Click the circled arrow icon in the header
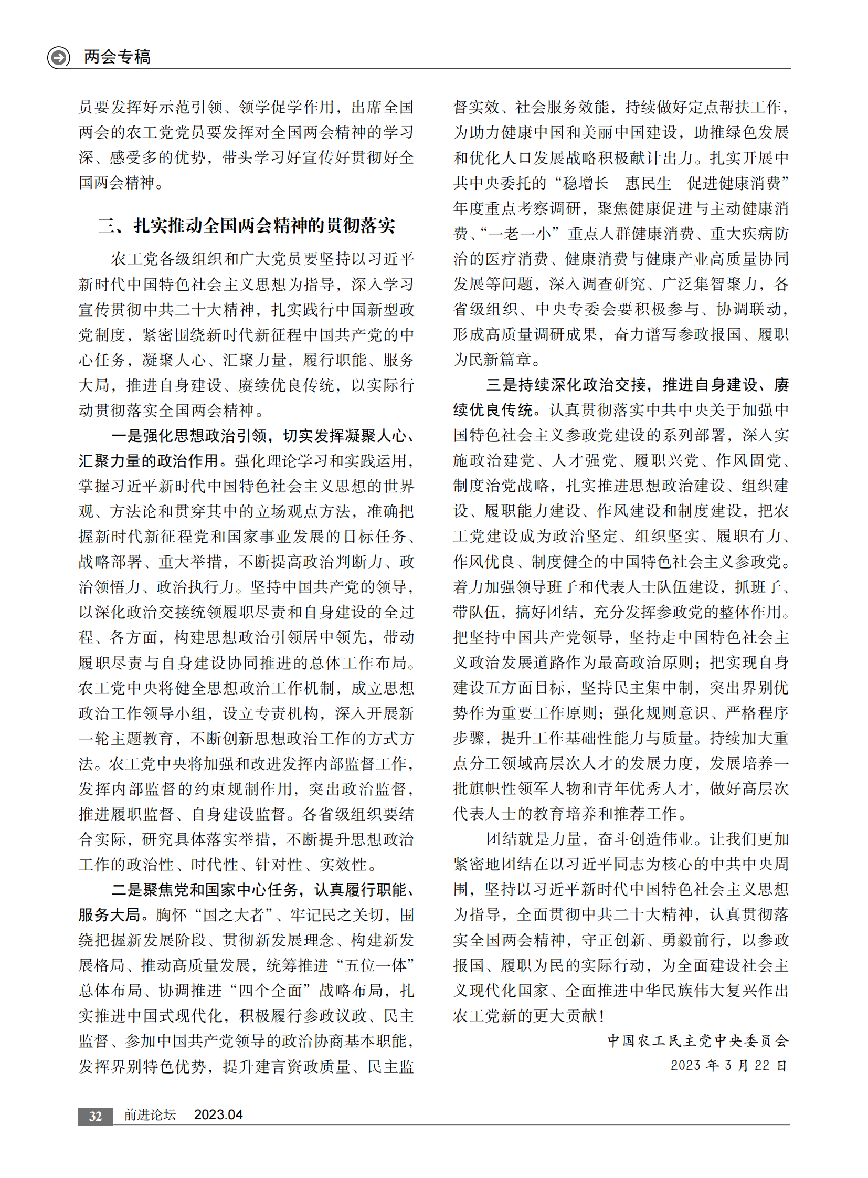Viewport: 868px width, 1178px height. click(x=59, y=57)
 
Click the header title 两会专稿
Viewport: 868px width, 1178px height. click(x=117, y=57)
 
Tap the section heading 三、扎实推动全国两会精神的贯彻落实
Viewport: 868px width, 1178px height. click(x=247, y=226)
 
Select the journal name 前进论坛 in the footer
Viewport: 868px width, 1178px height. click(x=150, y=1115)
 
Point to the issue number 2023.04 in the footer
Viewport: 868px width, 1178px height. click(x=218, y=1115)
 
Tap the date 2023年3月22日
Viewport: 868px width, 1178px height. click(x=728, y=1066)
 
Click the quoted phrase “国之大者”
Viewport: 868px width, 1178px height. click(x=234, y=915)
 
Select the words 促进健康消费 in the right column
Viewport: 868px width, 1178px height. click(x=734, y=183)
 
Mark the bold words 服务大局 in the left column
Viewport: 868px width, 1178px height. click(x=109, y=915)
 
